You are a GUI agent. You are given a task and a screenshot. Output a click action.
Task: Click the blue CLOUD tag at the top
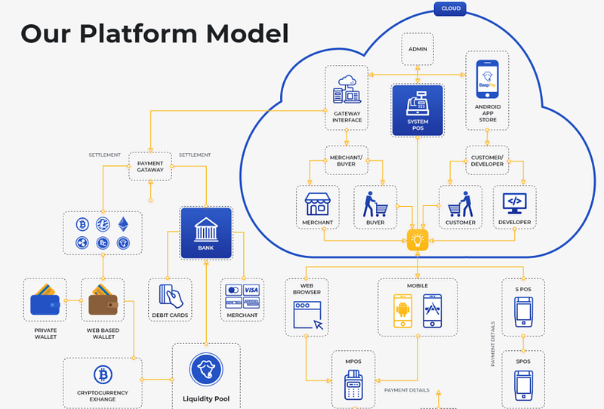[x=449, y=9]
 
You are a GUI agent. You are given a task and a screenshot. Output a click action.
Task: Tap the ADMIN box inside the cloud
[x=417, y=49]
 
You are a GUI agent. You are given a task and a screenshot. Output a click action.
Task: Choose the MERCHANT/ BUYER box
[x=347, y=160]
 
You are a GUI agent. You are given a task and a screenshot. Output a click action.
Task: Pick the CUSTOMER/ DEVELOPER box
[x=487, y=160]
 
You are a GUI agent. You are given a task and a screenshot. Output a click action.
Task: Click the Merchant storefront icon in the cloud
[x=318, y=204]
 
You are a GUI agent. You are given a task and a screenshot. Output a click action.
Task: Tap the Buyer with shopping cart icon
[x=374, y=203]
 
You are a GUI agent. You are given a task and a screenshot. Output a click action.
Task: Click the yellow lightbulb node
[x=417, y=241]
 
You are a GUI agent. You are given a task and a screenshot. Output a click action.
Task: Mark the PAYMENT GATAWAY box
[x=150, y=166]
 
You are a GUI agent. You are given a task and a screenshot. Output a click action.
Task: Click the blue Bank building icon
[x=206, y=229]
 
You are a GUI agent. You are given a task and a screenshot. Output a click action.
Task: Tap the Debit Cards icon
[x=169, y=294]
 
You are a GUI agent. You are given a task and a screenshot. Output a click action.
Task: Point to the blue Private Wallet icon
[x=45, y=300]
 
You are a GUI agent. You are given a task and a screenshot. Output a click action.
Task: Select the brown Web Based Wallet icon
[x=103, y=300]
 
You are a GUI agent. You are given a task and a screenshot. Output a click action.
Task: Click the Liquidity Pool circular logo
[x=205, y=369]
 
